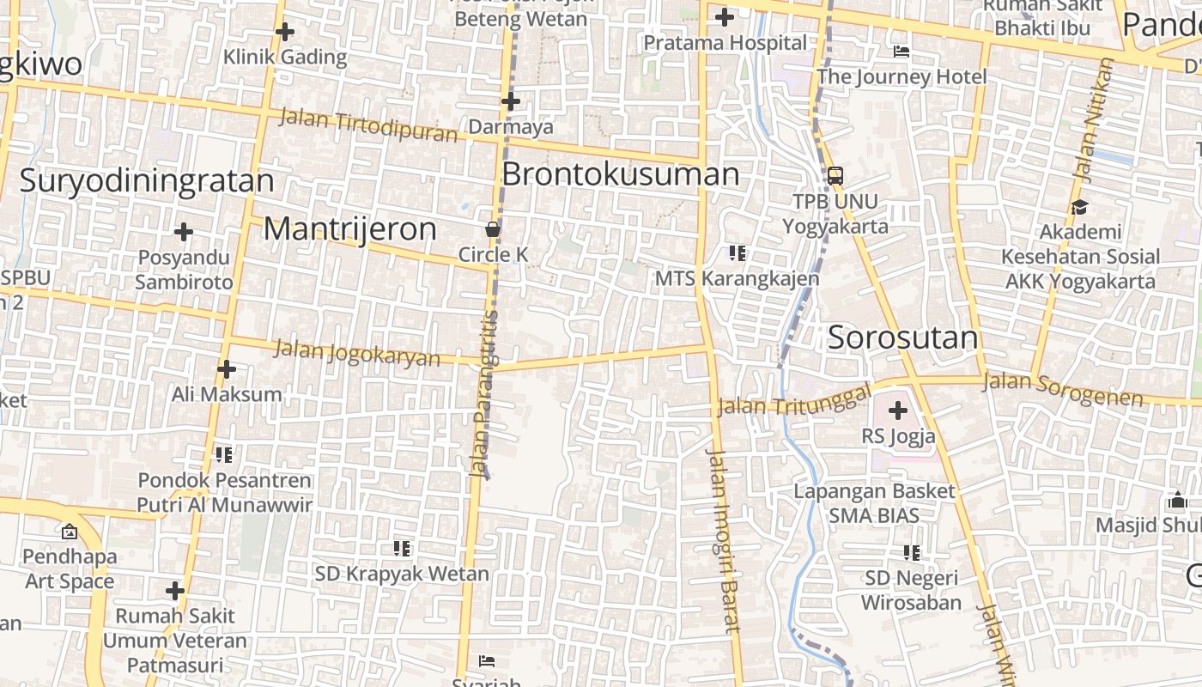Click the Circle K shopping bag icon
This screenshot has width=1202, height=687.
(x=493, y=229)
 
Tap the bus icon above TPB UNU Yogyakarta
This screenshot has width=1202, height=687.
(x=835, y=176)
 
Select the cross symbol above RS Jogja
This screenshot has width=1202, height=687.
(x=898, y=410)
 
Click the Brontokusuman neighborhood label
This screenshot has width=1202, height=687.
(x=620, y=174)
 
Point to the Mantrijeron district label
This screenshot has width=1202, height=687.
(x=349, y=229)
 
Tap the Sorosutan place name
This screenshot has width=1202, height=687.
(x=902, y=337)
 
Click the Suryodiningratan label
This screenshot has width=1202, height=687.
(x=147, y=181)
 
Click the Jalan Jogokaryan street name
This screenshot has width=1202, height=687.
(x=356, y=353)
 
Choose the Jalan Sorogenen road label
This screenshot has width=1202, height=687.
(x=1063, y=389)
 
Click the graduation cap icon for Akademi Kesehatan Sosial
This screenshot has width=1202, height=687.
(x=1079, y=207)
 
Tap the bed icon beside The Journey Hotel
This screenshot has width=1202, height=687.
(x=901, y=52)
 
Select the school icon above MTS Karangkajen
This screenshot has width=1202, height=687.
(x=737, y=253)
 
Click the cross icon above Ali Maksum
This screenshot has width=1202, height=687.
(x=227, y=369)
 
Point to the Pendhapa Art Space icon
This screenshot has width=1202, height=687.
(x=70, y=532)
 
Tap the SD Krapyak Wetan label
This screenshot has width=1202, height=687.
(x=402, y=573)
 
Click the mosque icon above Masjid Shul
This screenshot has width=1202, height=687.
(x=1177, y=500)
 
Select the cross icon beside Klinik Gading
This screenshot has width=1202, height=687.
(x=285, y=33)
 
